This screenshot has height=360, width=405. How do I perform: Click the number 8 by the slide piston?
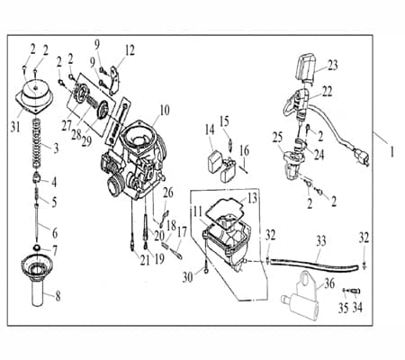(x=59, y=293)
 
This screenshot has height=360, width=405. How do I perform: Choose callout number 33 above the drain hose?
(x=321, y=241)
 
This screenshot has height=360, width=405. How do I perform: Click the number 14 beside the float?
(x=210, y=129)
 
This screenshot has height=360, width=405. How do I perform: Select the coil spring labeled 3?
(x=40, y=139)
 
